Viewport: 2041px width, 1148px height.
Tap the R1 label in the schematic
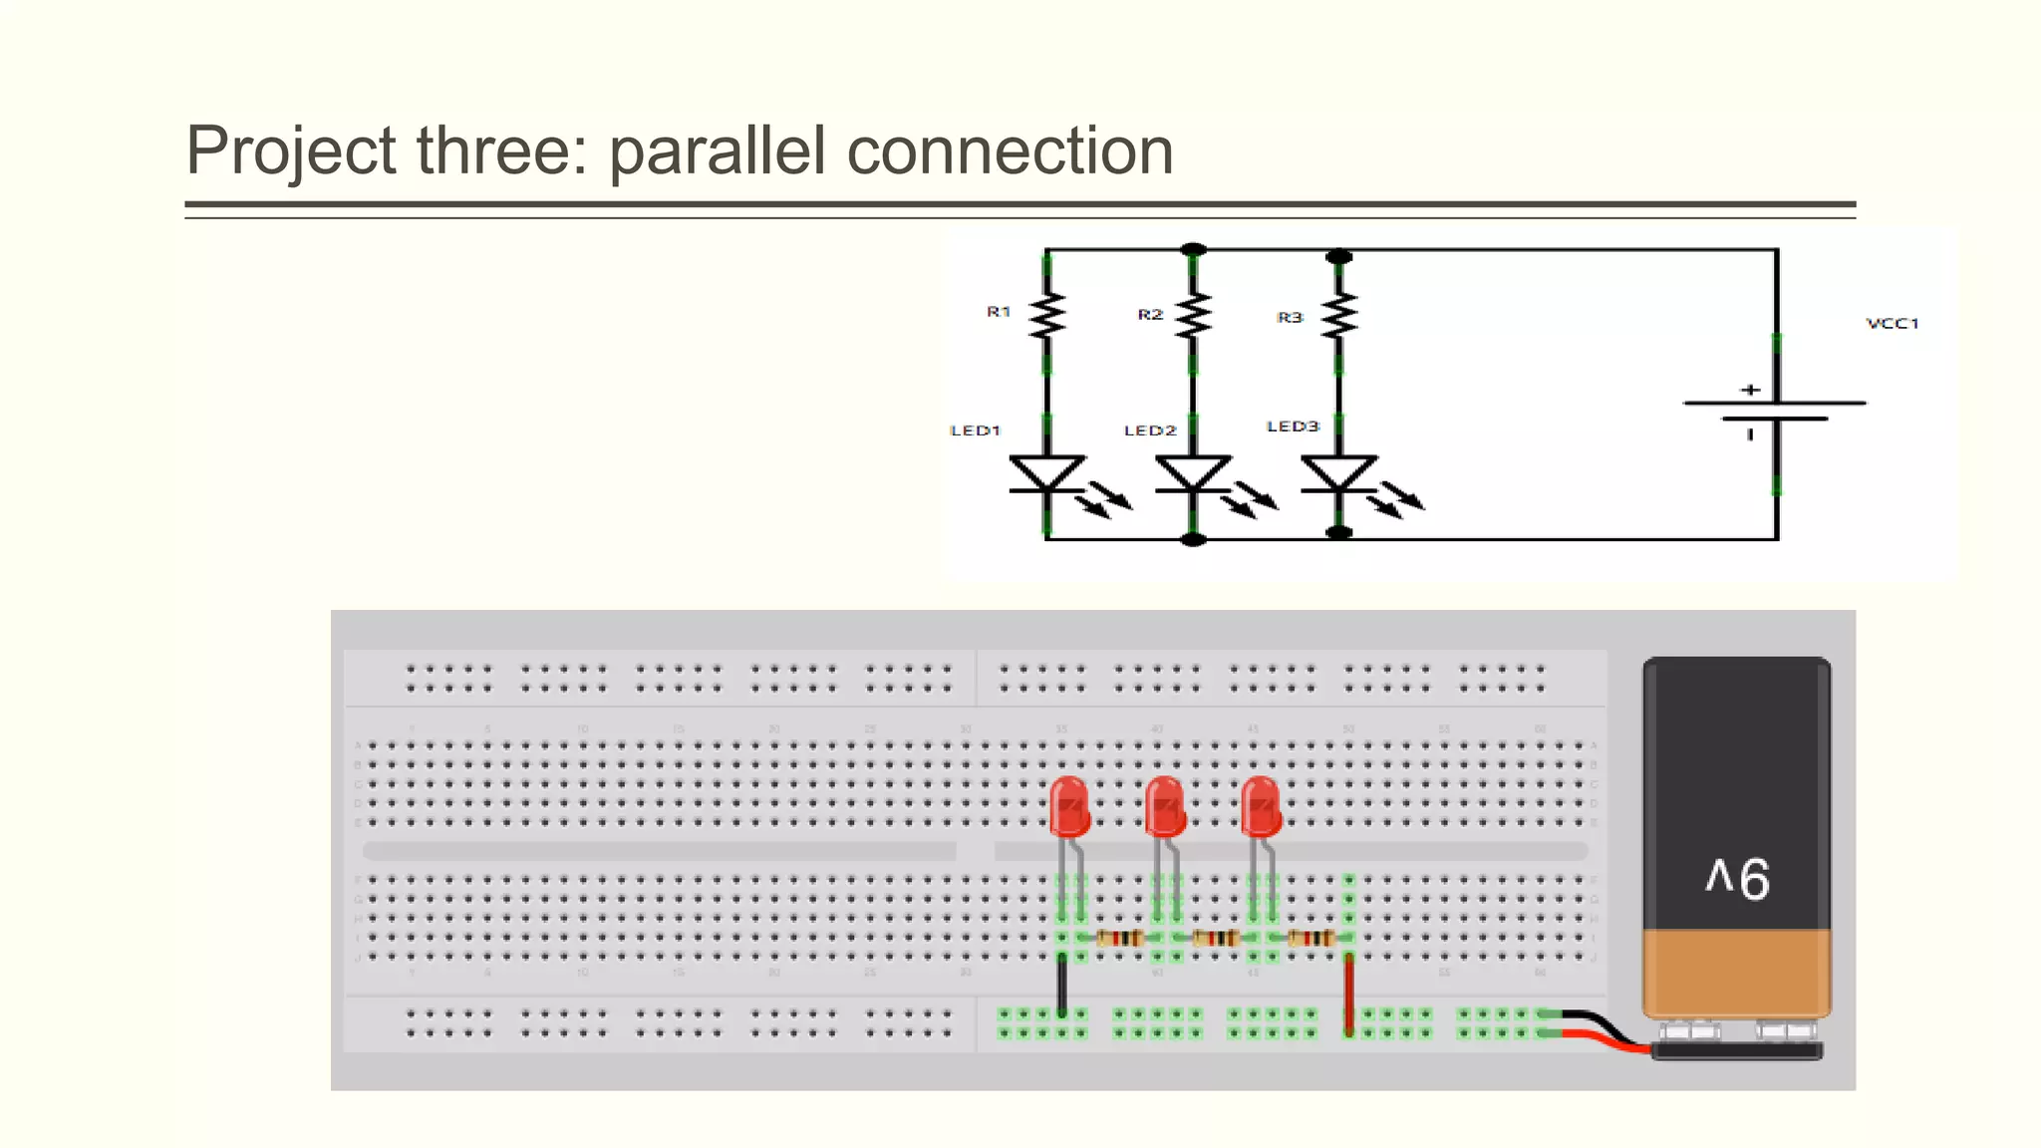coord(999,312)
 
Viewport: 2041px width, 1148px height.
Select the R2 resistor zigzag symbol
coord(1193,315)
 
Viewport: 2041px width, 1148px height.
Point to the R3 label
coord(1290,317)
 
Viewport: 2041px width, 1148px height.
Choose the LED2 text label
coord(1150,430)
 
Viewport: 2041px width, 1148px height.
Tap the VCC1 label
coord(1892,323)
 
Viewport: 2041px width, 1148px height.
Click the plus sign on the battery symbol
coord(1750,390)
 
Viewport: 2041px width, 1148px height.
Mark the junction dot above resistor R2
coord(1193,249)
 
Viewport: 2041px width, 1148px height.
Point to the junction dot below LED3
coord(1339,533)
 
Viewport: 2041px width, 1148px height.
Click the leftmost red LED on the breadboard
coord(1069,807)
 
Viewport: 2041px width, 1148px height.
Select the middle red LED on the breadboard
coord(1165,807)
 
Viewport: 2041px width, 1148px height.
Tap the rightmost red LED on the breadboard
coord(1261,807)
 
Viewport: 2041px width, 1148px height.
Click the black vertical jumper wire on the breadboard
coord(1062,985)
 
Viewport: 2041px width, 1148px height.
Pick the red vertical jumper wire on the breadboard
coord(1349,992)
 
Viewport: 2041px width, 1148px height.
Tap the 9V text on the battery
coord(1737,879)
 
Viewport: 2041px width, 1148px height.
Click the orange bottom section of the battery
coord(1736,972)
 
